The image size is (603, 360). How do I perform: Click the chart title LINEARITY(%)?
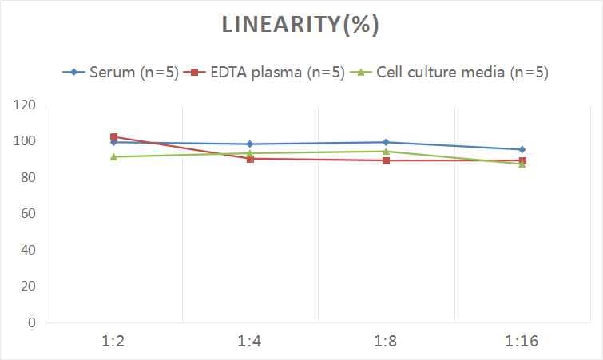point(300,25)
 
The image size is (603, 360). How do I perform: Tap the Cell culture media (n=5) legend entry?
point(450,73)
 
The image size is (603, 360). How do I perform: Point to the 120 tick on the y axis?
point(25,105)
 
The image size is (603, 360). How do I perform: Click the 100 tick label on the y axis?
point(25,141)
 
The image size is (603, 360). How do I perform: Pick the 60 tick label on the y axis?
point(28,214)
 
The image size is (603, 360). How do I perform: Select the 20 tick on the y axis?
point(28,287)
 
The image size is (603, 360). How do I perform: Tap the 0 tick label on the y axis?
point(32,322)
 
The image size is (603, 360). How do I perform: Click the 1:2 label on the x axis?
point(114,342)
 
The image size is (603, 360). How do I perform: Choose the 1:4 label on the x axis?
point(250,342)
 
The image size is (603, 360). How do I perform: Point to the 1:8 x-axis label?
point(386,342)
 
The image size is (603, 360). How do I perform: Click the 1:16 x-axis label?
point(522,342)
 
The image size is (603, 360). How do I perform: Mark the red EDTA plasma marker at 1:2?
point(114,137)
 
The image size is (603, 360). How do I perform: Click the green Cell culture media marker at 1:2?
point(114,156)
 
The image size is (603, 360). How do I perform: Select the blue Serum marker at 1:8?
point(386,142)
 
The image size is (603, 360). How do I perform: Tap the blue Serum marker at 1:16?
point(522,149)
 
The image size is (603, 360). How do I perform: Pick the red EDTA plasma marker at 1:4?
point(250,159)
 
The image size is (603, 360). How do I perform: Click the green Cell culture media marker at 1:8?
point(386,151)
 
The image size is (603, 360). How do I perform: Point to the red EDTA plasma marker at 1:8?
point(386,160)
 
